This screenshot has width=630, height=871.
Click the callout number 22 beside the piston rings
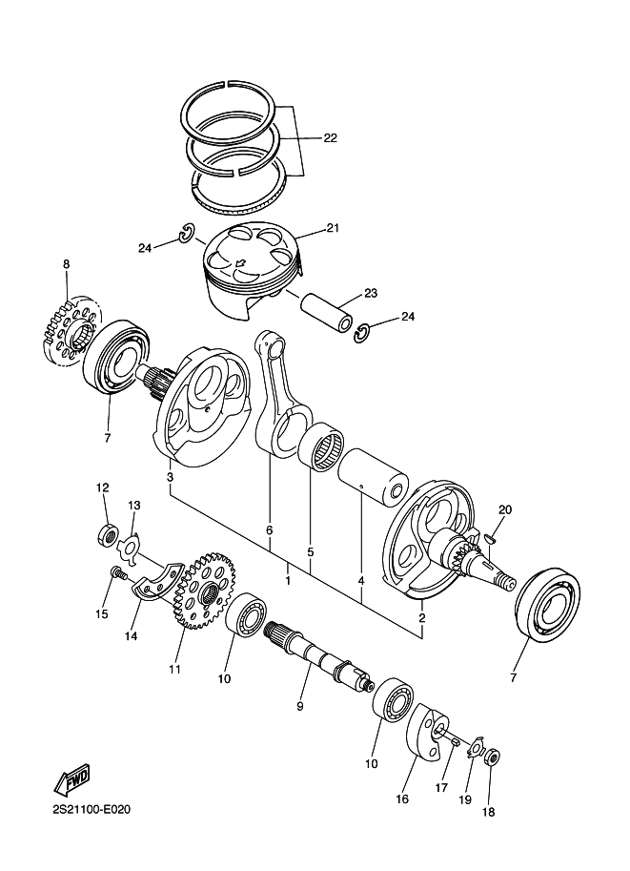[330, 137]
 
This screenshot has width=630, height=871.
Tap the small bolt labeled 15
[118, 572]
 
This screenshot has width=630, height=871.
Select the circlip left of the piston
[186, 234]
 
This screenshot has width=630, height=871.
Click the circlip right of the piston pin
[362, 334]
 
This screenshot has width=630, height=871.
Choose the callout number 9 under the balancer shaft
[299, 707]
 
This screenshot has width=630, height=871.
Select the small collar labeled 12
[108, 534]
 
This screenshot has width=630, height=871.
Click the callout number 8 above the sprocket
[67, 264]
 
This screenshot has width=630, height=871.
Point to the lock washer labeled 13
[131, 549]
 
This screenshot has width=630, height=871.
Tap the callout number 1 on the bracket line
[288, 581]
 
